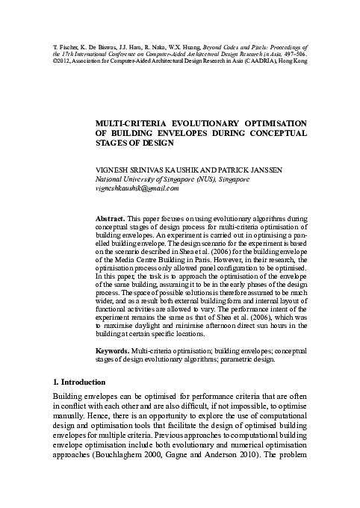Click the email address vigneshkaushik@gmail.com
pos(137,189)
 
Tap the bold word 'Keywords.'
pos(114,350)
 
